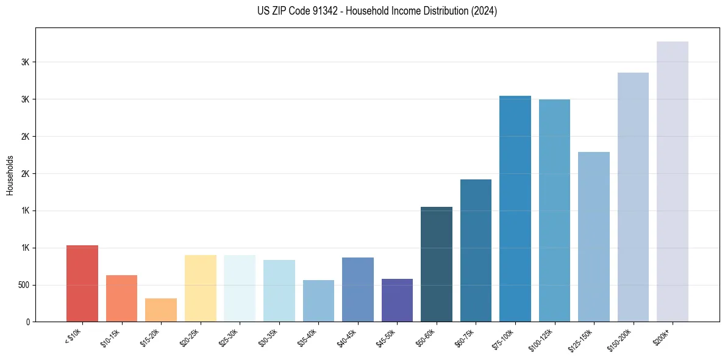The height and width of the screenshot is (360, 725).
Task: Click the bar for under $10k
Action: [82, 284]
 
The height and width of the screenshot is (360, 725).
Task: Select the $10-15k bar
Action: [121, 298]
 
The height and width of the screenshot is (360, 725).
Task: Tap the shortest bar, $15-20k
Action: [161, 310]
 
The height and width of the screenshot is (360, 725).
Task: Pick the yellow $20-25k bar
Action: [200, 288]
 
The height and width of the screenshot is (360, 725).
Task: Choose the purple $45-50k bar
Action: [397, 300]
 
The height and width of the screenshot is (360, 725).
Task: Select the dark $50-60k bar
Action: [437, 264]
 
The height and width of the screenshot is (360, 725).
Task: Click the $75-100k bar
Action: [515, 209]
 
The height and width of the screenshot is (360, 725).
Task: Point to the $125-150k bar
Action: [594, 237]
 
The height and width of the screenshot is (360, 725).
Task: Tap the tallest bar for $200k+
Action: [673, 181]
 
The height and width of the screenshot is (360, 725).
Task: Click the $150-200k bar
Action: [633, 197]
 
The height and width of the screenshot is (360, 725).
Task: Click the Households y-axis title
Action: [10, 175]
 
